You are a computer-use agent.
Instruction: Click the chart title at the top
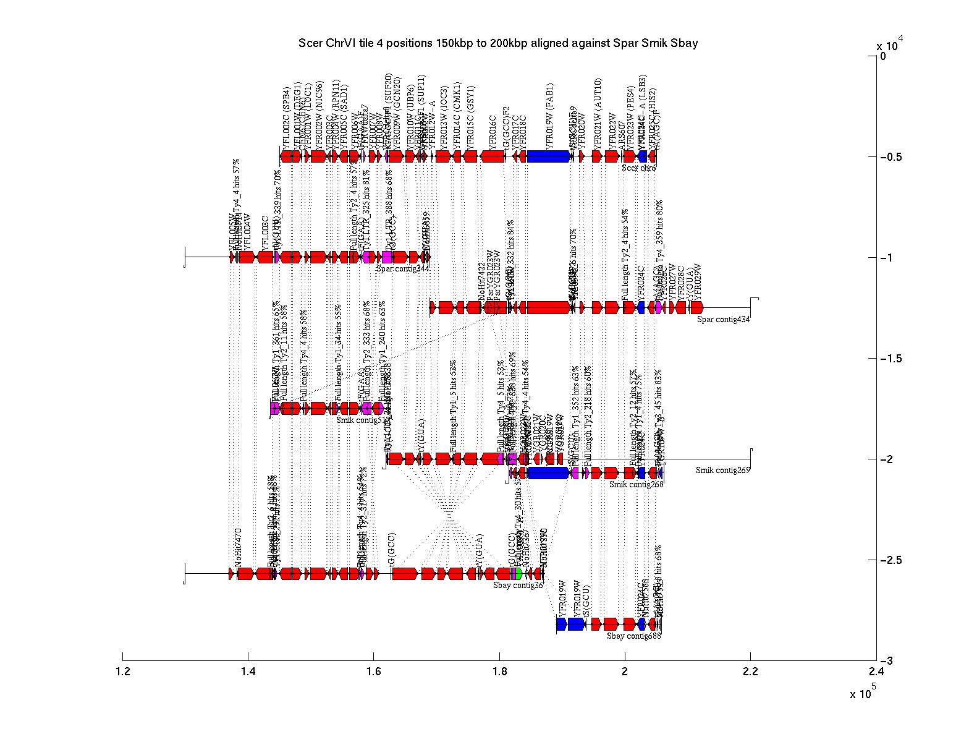click(497, 43)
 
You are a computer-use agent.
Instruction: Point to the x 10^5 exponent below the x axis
click(863, 693)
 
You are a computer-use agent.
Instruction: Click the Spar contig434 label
click(723, 319)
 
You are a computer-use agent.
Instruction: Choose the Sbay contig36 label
click(518, 585)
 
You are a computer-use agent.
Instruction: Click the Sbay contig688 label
click(633, 636)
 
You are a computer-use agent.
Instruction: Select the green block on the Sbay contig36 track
click(518, 573)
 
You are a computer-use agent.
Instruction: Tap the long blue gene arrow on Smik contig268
click(548, 473)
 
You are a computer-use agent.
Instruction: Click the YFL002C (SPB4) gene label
click(286, 118)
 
